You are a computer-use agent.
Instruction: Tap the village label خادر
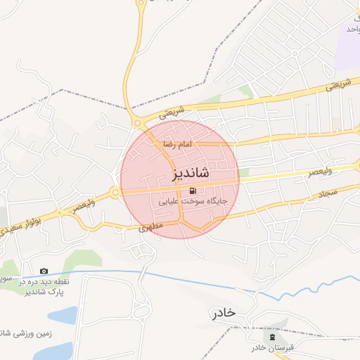click(x=222, y=312)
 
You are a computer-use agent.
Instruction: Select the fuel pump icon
click(x=193, y=191)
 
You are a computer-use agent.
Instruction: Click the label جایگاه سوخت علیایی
click(x=183, y=201)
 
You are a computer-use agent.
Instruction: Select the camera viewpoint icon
click(x=44, y=271)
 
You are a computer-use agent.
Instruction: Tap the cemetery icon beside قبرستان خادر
click(x=273, y=338)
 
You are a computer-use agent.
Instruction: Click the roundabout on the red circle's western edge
click(x=115, y=192)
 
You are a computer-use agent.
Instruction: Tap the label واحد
click(x=352, y=29)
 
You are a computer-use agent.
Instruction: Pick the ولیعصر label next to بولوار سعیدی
click(x=86, y=206)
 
